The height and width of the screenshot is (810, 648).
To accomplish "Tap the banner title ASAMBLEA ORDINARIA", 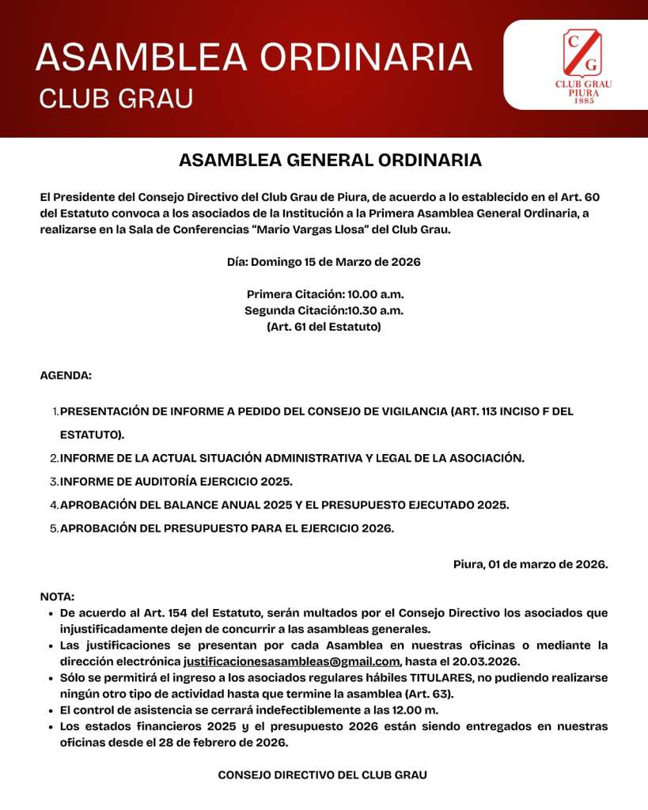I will [x=254, y=58].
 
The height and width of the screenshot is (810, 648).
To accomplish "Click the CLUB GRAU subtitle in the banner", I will [x=116, y=98].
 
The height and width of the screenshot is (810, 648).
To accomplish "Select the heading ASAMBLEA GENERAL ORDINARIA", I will [x=330, y=160].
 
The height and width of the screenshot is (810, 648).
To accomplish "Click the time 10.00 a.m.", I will [x=376, y=294].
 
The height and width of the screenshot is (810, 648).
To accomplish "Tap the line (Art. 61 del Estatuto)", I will [x=324, y=326].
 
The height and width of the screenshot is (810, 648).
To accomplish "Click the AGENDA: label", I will [x=66, y=376].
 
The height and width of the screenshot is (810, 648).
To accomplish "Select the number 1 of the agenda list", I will [x=55, y=411].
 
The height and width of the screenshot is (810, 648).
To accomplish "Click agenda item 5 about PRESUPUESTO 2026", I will [x=226, y=528].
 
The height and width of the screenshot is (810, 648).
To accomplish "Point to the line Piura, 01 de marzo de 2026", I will [x=530, y=564].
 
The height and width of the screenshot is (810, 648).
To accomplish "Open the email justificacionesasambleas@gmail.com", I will [x=291, y=661].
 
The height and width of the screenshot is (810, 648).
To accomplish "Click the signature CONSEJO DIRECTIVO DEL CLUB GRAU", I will [x=323, y=775].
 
